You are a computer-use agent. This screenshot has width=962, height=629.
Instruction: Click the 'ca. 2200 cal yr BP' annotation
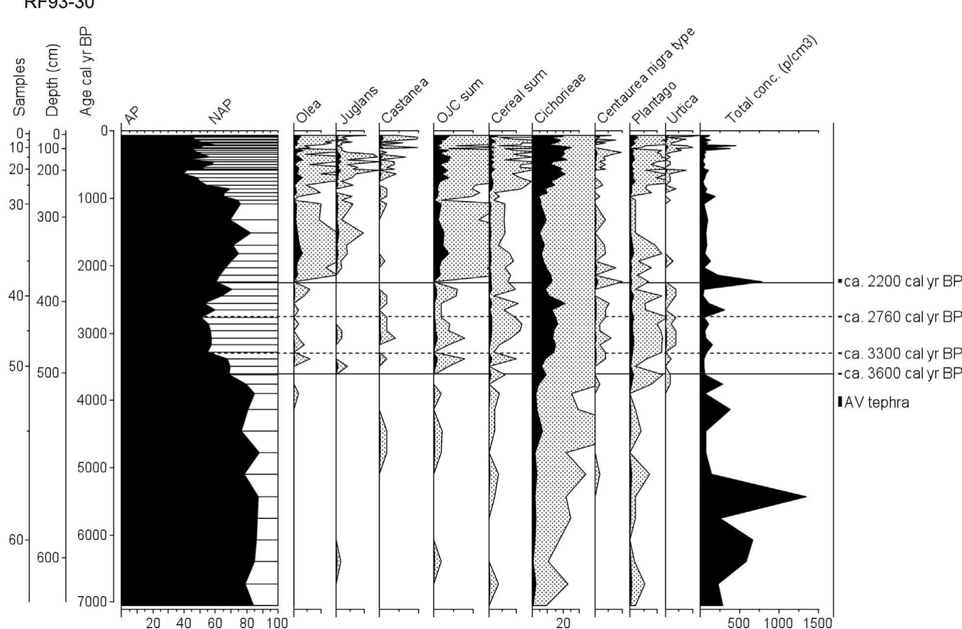(x=902, y=282)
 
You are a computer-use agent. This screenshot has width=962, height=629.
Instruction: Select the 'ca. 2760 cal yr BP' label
(x=902, y=317)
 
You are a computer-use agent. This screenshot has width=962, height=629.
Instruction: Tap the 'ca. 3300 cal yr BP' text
(x=902, y=353)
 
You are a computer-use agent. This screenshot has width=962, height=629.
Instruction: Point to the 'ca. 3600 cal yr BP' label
(x=902, y=374)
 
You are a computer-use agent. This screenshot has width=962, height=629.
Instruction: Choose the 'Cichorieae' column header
(x=560, y=99)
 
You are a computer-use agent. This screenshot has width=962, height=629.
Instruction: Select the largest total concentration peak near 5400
(x=805, y=496)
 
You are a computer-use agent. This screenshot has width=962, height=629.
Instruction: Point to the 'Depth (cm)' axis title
(x=53, y=80)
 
